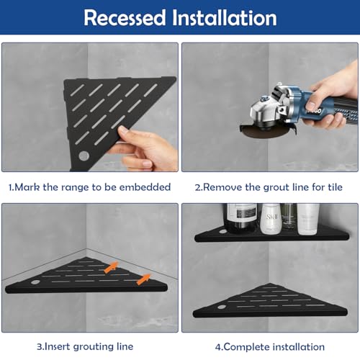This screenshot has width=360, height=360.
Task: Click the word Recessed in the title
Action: [125, 17]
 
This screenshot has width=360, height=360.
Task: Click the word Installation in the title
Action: [225, 17]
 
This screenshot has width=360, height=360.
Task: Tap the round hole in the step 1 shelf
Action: [84, 156]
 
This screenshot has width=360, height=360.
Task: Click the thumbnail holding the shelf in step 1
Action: [124, 130]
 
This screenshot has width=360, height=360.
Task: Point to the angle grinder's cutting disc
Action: [265, 131]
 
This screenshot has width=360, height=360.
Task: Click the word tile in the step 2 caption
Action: [335, 187]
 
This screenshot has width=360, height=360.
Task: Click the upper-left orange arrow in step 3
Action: [111, 267]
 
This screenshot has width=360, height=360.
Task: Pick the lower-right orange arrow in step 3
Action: [143, 279]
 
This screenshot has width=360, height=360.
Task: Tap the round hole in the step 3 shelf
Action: [35, 282]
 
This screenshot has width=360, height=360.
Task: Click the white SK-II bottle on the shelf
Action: [271, 219]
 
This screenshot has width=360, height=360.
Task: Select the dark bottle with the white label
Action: [240, 218]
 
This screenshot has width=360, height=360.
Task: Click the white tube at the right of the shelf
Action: [308, 219]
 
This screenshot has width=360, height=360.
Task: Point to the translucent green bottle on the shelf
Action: [289, 217]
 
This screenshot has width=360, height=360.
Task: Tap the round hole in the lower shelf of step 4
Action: [222, 307]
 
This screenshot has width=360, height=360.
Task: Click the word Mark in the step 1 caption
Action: [27, 187]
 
